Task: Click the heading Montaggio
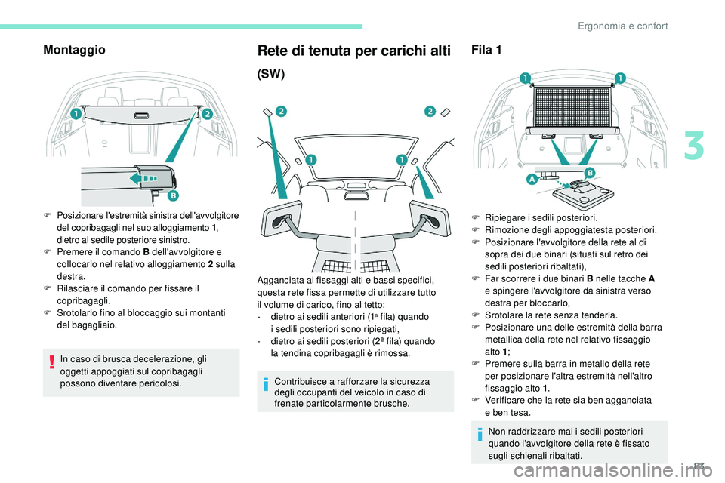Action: click(75, 50)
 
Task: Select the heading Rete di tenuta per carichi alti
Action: click(354, 51)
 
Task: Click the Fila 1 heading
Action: click(487, 50)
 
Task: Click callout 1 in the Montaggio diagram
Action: click(76, 113)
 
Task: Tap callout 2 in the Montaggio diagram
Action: click(206, 113)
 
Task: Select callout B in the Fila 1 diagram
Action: click(588, 173)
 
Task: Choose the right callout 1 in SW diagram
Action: click(402, 160)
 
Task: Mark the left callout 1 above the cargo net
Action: click(524, 78)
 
